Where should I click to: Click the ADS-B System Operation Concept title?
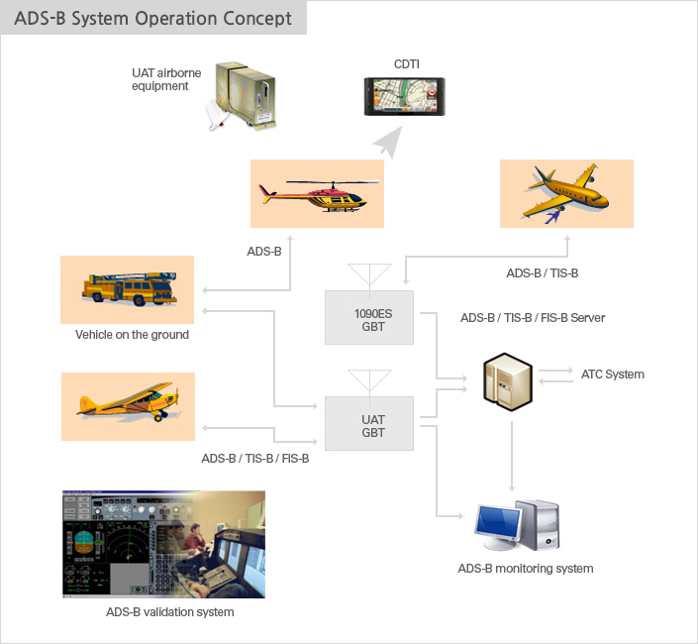152,18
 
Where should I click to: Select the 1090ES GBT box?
369,318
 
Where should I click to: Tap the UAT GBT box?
369,423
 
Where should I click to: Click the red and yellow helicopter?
319,195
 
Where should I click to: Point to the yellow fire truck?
129,288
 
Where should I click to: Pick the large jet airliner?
565,192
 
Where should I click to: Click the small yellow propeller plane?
128,401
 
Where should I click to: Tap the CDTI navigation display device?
404,97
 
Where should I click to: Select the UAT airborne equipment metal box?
245,94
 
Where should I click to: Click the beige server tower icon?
508,381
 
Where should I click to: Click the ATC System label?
613,375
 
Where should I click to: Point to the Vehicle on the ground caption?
132,335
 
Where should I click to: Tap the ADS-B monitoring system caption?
526,569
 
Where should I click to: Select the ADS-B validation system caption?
170,612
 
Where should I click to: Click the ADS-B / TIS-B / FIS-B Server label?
533,318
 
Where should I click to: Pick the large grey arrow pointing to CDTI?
389,141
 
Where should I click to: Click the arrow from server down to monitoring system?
512,457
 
